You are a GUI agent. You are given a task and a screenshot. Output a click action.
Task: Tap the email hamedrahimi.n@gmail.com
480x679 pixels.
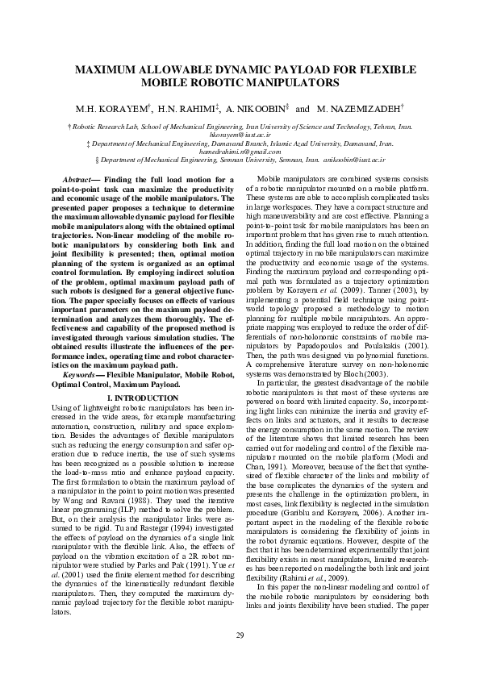click(240, 152)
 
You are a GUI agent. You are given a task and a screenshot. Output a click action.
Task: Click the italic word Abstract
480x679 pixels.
click(77, 178)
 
